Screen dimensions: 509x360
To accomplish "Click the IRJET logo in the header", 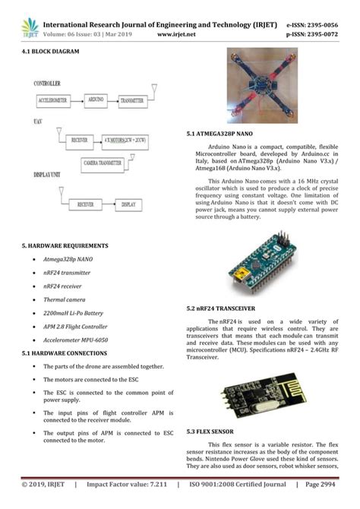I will pyautogui.click(x=30, y=27).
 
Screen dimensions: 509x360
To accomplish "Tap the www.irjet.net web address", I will pyautogui.click(x=176, y=34).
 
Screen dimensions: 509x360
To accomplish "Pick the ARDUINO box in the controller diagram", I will pyautogui.click(x=96, y=100).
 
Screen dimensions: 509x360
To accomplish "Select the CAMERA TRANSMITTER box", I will pyautogui.click(x=103, y=163).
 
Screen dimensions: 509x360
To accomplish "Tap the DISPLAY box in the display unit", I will pyautogui.click(x=128, y=204).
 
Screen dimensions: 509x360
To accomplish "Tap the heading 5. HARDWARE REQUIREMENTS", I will pyautogui.click(x=65, y=246).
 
